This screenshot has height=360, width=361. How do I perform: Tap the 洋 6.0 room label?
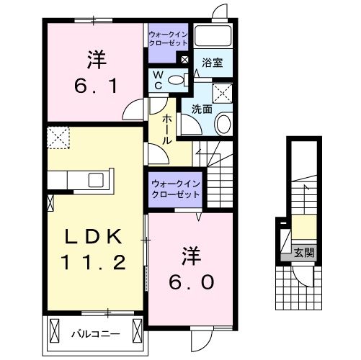tap(192, 269)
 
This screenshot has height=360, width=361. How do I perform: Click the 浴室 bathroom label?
tap(212, 63)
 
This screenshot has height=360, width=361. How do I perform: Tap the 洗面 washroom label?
tap(201, 109)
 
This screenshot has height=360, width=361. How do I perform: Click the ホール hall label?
tap(166, 129)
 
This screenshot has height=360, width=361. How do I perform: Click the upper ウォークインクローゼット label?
tap(169, 38)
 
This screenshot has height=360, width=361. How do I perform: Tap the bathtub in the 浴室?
tap(212, 37)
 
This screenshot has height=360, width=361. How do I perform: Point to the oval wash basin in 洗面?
tap(223, 124)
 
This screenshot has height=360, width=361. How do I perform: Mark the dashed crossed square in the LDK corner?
tap(57, 136)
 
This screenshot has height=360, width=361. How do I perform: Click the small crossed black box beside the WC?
tap(185, 60)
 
